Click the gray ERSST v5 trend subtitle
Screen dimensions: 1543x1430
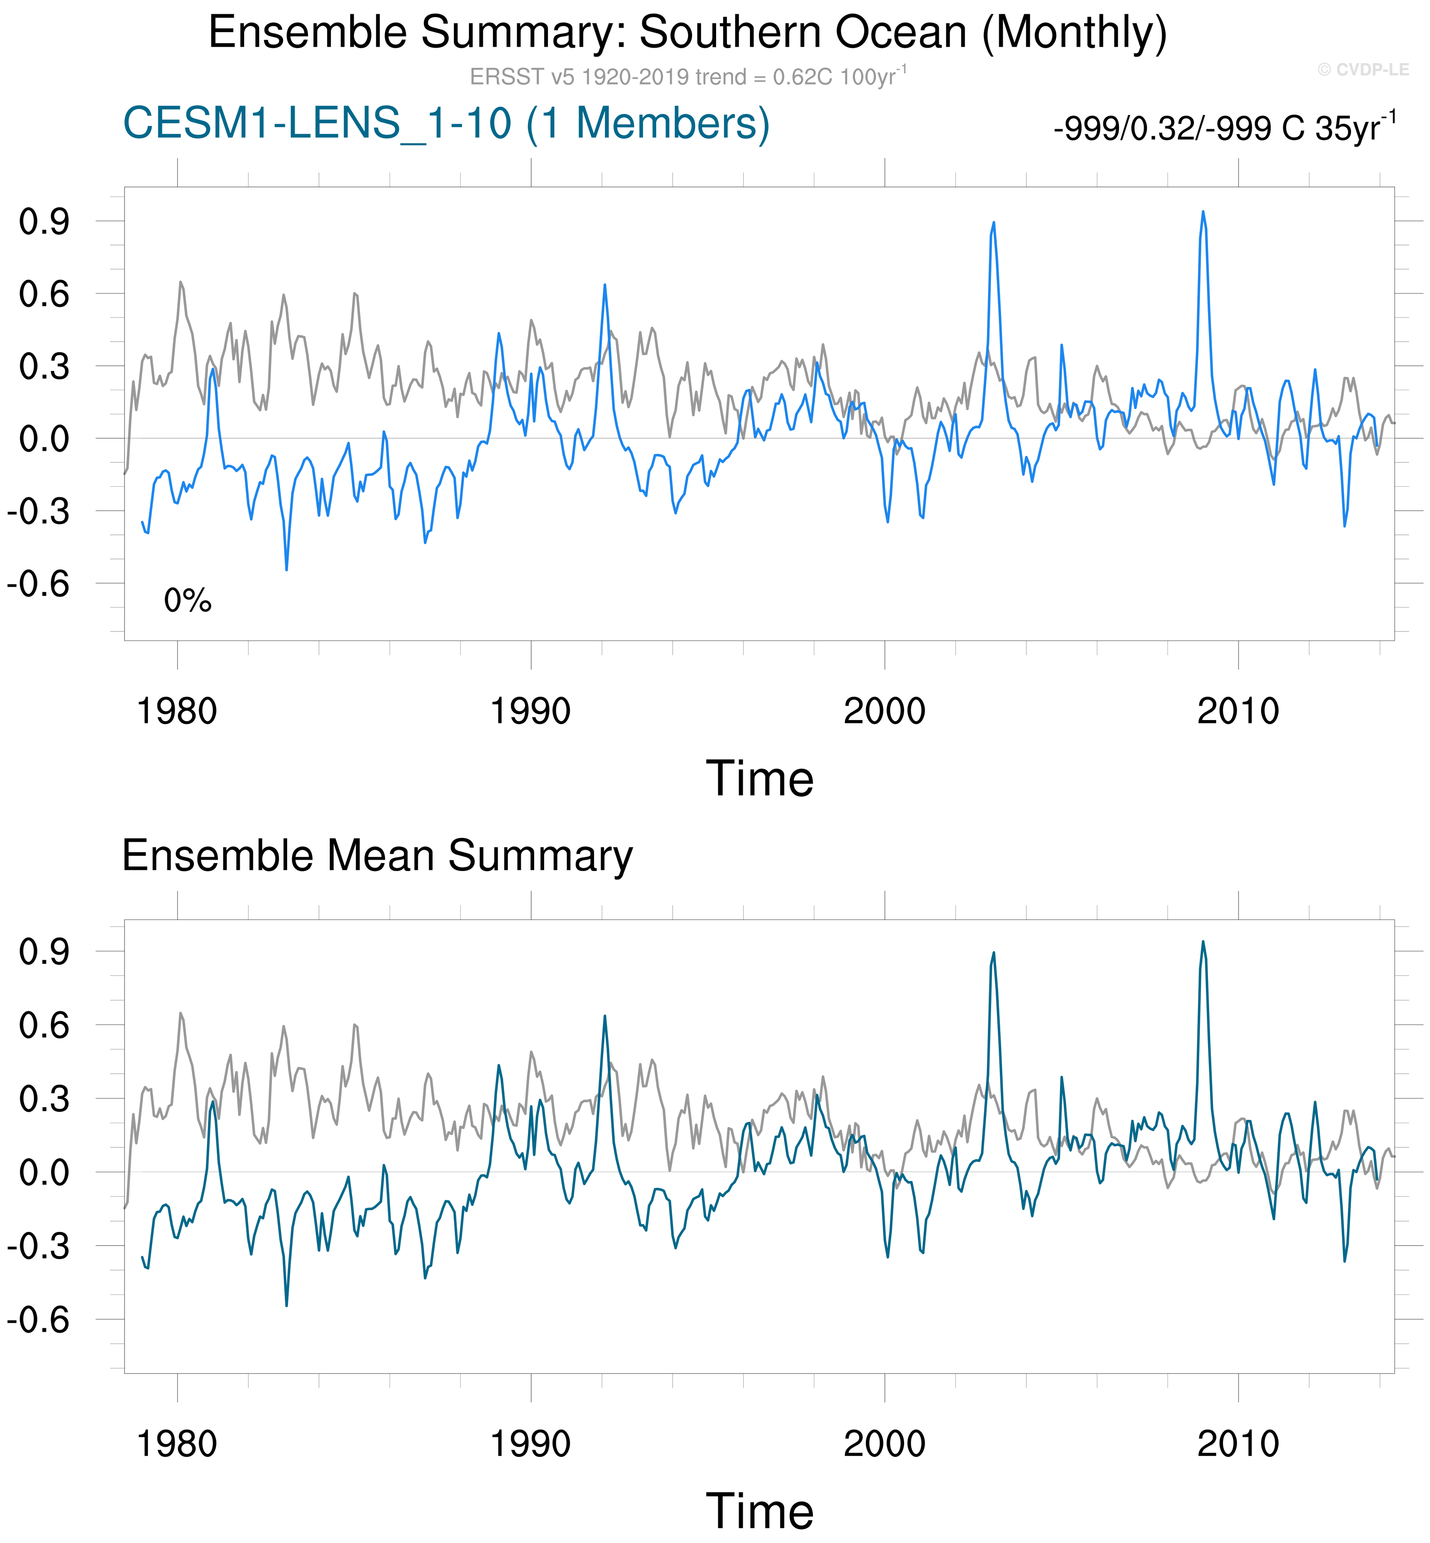tap(687, 77)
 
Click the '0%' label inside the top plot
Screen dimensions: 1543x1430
tap(187, 601)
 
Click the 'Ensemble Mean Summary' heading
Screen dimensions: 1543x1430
tap(377, 856)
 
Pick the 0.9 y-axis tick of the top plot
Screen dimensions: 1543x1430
tap(44, 222)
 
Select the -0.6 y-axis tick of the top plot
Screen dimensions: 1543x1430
tap(39, 584)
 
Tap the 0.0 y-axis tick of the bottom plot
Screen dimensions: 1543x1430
tap(44, 1173)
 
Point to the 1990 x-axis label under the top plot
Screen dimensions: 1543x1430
tap(531, 711)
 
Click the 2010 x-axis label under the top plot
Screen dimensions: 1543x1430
tap(1238, 711)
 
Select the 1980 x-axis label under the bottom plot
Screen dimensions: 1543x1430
tap(177, 1444)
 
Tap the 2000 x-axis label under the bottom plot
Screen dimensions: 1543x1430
tap(885, 1444)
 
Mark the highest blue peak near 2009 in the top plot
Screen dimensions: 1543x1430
tap(1203, 211)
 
